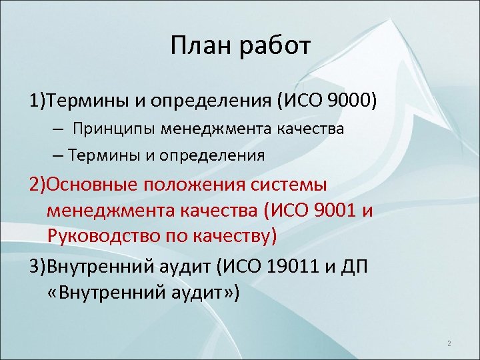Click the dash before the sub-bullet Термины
[57, 155]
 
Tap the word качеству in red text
[233, 235]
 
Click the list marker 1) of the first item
[36, 101]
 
